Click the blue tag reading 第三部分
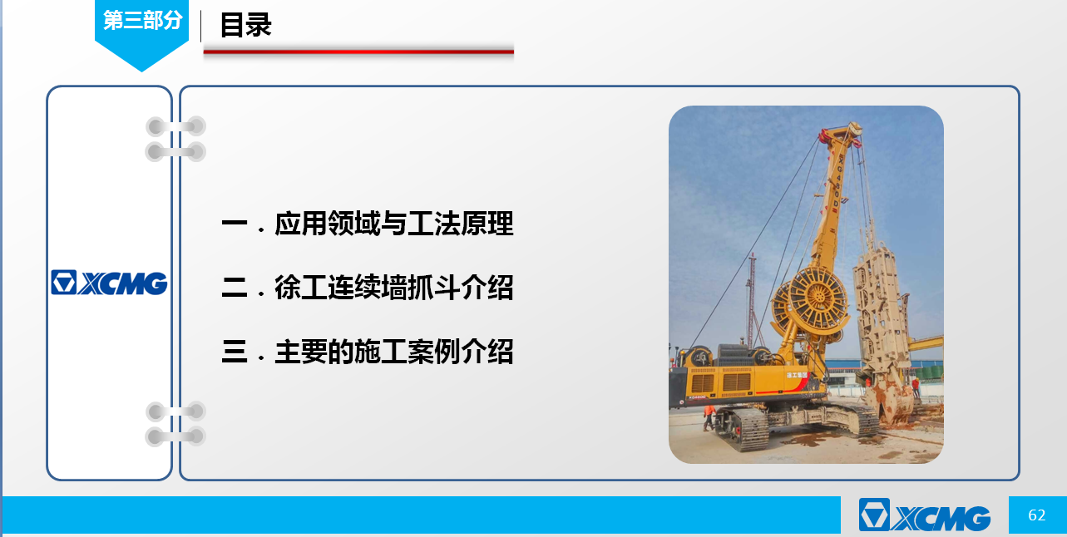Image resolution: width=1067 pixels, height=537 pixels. click(x=141, y=33)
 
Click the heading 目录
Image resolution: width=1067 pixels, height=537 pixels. click(x=245, y=25)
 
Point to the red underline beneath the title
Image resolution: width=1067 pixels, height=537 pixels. click(x=358, y=52)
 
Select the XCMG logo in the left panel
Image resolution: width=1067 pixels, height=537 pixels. click(x=109, y=283)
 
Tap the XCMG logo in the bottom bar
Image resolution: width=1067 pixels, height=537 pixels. click(x=925, y=515)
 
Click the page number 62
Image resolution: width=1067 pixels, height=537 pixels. click(x=1036, y=515)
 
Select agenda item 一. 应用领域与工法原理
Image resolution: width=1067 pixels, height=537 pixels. click(x=368, y=224)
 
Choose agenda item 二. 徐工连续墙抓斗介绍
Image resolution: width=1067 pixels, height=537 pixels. click(x=368, y=287)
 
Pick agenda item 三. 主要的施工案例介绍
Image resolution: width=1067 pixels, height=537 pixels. click(x=368, y=352)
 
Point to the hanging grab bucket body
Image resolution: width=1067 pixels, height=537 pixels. click(x=882, y=314)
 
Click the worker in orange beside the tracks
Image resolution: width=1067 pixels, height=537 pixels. click(x=709, y=417)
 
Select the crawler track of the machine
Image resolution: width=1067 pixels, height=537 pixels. click(x=743, y=428)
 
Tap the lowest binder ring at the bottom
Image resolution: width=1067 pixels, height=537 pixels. click(x=175, y=436)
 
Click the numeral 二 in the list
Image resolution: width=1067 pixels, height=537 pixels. click(x=235, y=288)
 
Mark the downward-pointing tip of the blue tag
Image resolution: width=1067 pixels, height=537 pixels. click(x=141, y=71)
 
